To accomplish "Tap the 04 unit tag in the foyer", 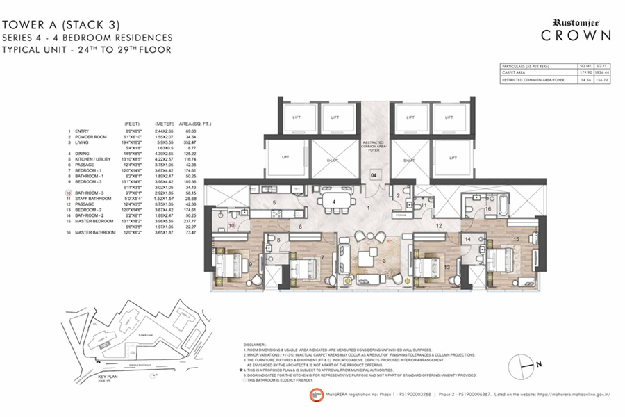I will click(374, 177).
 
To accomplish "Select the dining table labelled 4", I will click(334, 202).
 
